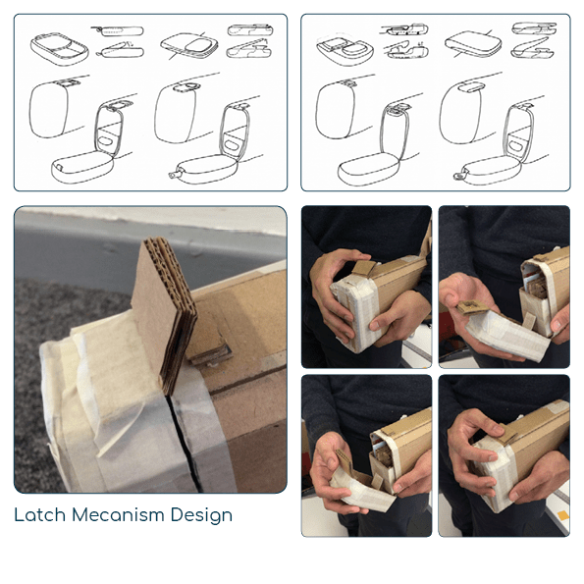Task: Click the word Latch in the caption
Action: pyautogui.click(x=40, y=514)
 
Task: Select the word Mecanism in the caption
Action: pyautogui.click(x=118, y=514)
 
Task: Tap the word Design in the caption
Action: pyautogui.click(x=201, y=516)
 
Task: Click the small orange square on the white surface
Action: pyautogui.click(x=563, y=515)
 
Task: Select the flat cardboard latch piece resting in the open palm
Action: pyautogui.click(x=471, y=306)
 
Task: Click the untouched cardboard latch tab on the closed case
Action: pyautogui.click(x=363, y=268)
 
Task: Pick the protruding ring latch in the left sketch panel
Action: pyautogui.click(x=175, y=174)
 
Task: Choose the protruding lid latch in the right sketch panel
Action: pyautogui.click(x=460, y=174)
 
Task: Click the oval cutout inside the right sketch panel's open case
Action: pyautogui.click(x=517, y=145)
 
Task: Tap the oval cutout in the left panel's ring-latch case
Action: pyautogui.click(x=233, y=144)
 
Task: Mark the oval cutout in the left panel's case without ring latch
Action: pyautogui.click(x=107, y=140)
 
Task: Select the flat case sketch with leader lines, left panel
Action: pyautogui.click(x=189, y=46)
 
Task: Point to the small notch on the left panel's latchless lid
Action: pyautogui.click(x=59, y=167)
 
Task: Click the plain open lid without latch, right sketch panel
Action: pyautogui.click(x=368, y=169)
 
